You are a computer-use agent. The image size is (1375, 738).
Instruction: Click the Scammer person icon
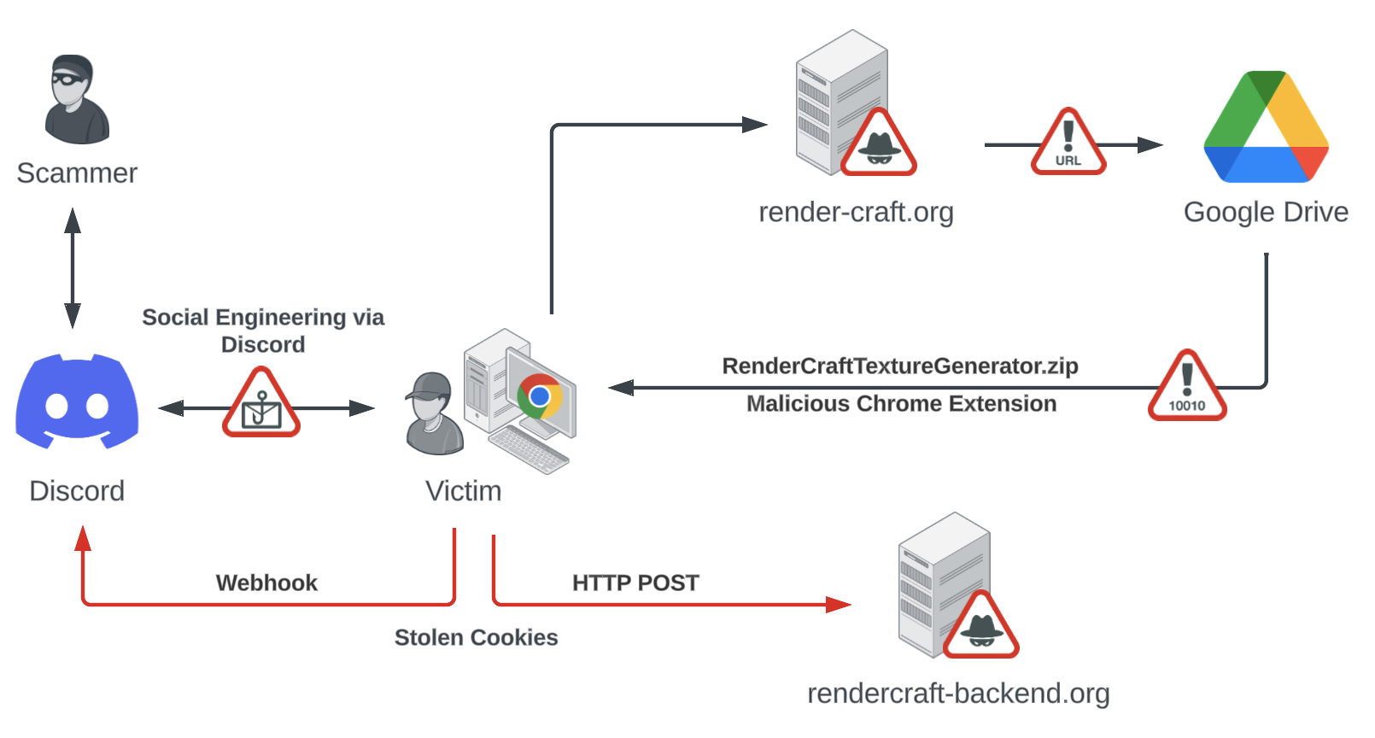[77, 100]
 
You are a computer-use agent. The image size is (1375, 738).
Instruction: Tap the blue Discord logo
[77, 401]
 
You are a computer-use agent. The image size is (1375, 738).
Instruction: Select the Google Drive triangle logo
[1266, 128]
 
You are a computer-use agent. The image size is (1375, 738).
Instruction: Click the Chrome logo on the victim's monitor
[539, 396]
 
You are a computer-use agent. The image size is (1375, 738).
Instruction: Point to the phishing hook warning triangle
[261, 405]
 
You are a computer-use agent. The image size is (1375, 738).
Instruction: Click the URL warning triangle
[1068, 144]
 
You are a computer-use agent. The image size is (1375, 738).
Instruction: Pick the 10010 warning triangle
[1187, 388]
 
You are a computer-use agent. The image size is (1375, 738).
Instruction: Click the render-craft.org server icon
[841, 102]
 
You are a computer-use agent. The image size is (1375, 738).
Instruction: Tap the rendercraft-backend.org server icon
[944, 585]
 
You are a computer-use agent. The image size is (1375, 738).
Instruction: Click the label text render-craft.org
[856, 212]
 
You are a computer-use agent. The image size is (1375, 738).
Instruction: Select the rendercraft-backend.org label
[958, 693]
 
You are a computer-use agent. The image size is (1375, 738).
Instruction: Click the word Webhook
[266, 583]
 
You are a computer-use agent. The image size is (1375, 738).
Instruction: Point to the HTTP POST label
[635, 583]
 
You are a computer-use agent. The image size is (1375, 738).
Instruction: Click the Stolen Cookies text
[476, 637]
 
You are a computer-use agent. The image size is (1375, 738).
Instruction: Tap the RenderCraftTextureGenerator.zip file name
[900, 366]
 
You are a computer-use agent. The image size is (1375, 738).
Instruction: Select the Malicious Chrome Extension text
[901, 403]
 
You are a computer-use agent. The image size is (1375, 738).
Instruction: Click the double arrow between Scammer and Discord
[73, 267]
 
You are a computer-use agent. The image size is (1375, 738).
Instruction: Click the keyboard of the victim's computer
[529, 449]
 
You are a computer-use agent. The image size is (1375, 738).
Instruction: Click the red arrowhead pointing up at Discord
[83, 538]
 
